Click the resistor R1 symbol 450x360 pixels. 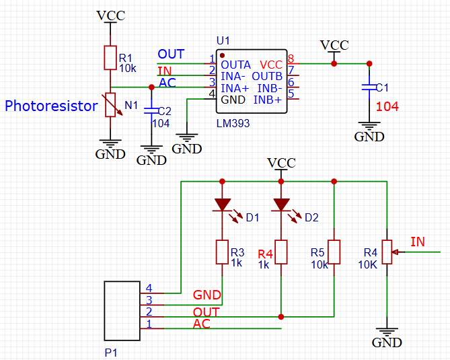coord(110,58)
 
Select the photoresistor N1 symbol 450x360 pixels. coord(110,106)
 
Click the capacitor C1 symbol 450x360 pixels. coord(369,87)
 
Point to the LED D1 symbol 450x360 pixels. coord(223,204)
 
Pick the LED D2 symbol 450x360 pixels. coord(281,204)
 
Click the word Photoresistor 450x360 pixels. coord(52,106)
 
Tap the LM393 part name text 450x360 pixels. coord(232,124)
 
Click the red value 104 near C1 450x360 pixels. coord(387,106)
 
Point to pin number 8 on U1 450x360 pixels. coord(291,59)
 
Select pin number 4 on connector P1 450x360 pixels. coord(149,288)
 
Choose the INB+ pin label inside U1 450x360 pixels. coord(267,100)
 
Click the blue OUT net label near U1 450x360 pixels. coord(171,54)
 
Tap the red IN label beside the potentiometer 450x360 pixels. coord(417,241)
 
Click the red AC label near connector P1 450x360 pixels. coord(202,324)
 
